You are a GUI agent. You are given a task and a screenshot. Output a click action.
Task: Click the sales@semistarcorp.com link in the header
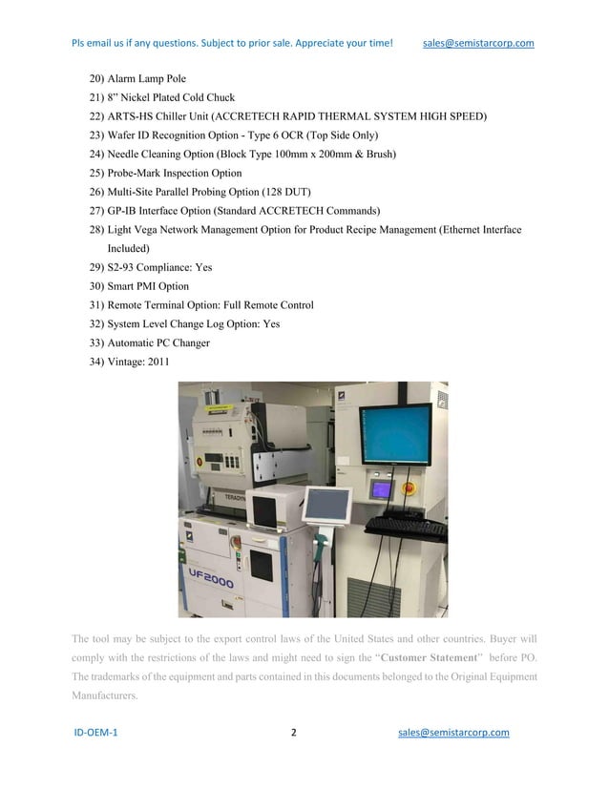click(477, 43)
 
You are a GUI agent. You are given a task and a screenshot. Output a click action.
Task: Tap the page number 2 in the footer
click(294, 733)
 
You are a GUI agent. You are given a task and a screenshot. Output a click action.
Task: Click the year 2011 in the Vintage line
click(157, 361)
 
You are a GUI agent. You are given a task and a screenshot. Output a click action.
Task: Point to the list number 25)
click(95, 174)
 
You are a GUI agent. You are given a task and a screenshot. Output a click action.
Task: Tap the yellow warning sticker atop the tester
click(212, 401)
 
